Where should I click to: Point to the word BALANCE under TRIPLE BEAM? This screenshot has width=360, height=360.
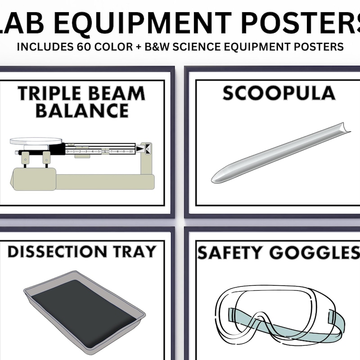(82, 110)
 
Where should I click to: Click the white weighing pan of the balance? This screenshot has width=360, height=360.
(36, 141)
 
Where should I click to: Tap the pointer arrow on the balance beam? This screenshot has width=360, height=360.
(141, 148)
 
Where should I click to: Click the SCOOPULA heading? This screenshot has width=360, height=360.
(279, 94)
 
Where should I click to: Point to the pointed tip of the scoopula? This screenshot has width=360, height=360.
(215, 179)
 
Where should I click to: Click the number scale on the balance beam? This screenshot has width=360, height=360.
(99, 152)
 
